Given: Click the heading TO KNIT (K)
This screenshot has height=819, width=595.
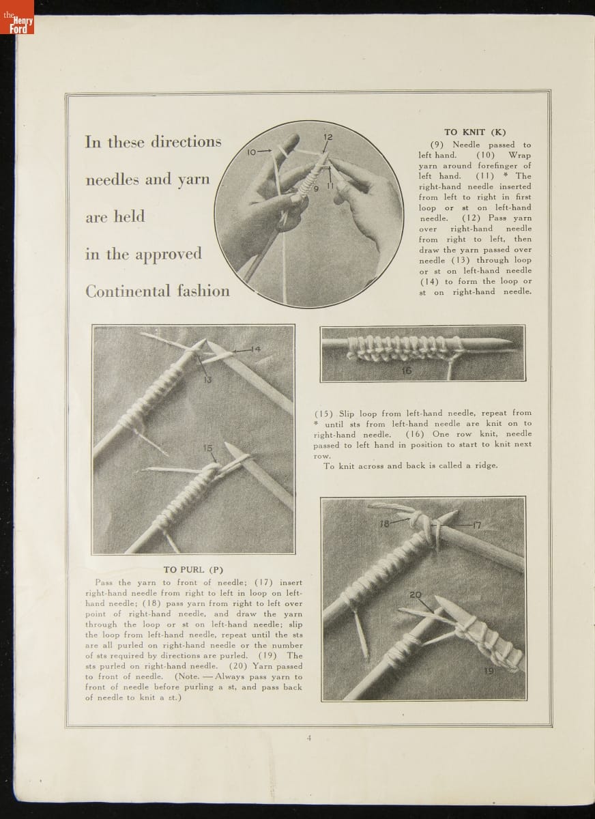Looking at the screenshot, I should tap(475, 132).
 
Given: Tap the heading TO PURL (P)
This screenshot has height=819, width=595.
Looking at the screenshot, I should tap(193, 569).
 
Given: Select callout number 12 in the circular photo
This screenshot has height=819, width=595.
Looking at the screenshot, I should tap(328, 137).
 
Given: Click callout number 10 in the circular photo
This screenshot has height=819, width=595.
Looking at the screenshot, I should tap(252, 152).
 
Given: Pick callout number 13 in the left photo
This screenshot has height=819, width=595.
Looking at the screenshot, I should tap(209, 379).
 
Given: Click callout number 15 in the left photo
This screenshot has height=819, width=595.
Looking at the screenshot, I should tap(208, 448).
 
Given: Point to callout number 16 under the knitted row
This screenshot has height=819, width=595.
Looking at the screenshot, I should tap(407, 371).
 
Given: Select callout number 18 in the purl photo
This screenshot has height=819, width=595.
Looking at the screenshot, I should tap(384, 523).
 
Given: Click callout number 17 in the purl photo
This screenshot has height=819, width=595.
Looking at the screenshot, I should tap(476, 524).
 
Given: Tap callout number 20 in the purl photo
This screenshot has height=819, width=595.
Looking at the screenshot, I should tap(416, 594).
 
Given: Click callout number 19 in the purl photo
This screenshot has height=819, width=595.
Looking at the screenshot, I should tap(489, 671).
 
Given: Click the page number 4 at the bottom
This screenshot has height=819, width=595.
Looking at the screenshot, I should tap(309, 738).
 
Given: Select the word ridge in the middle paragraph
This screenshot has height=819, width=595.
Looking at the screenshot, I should tap(486, 465).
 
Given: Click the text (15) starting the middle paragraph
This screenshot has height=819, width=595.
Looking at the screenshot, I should tap(323, 414).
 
